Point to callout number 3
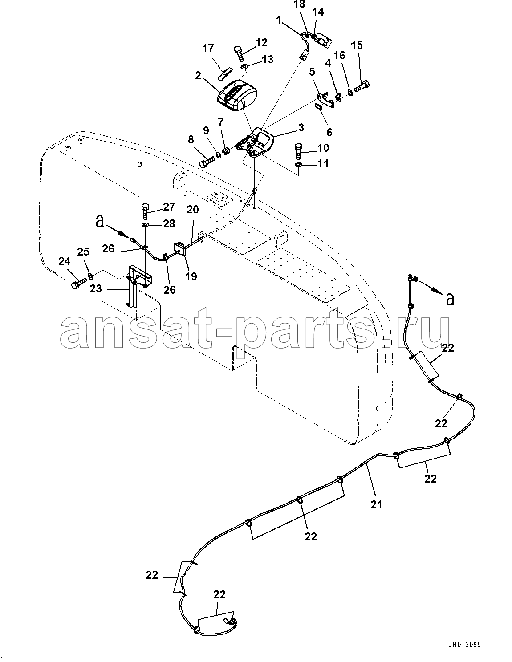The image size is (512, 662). click(x=301, y=127)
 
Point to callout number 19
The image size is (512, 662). click(x=191, y=276)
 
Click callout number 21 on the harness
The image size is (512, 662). click(x=377, y=504)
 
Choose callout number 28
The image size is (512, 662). click(x=169, y=223)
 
